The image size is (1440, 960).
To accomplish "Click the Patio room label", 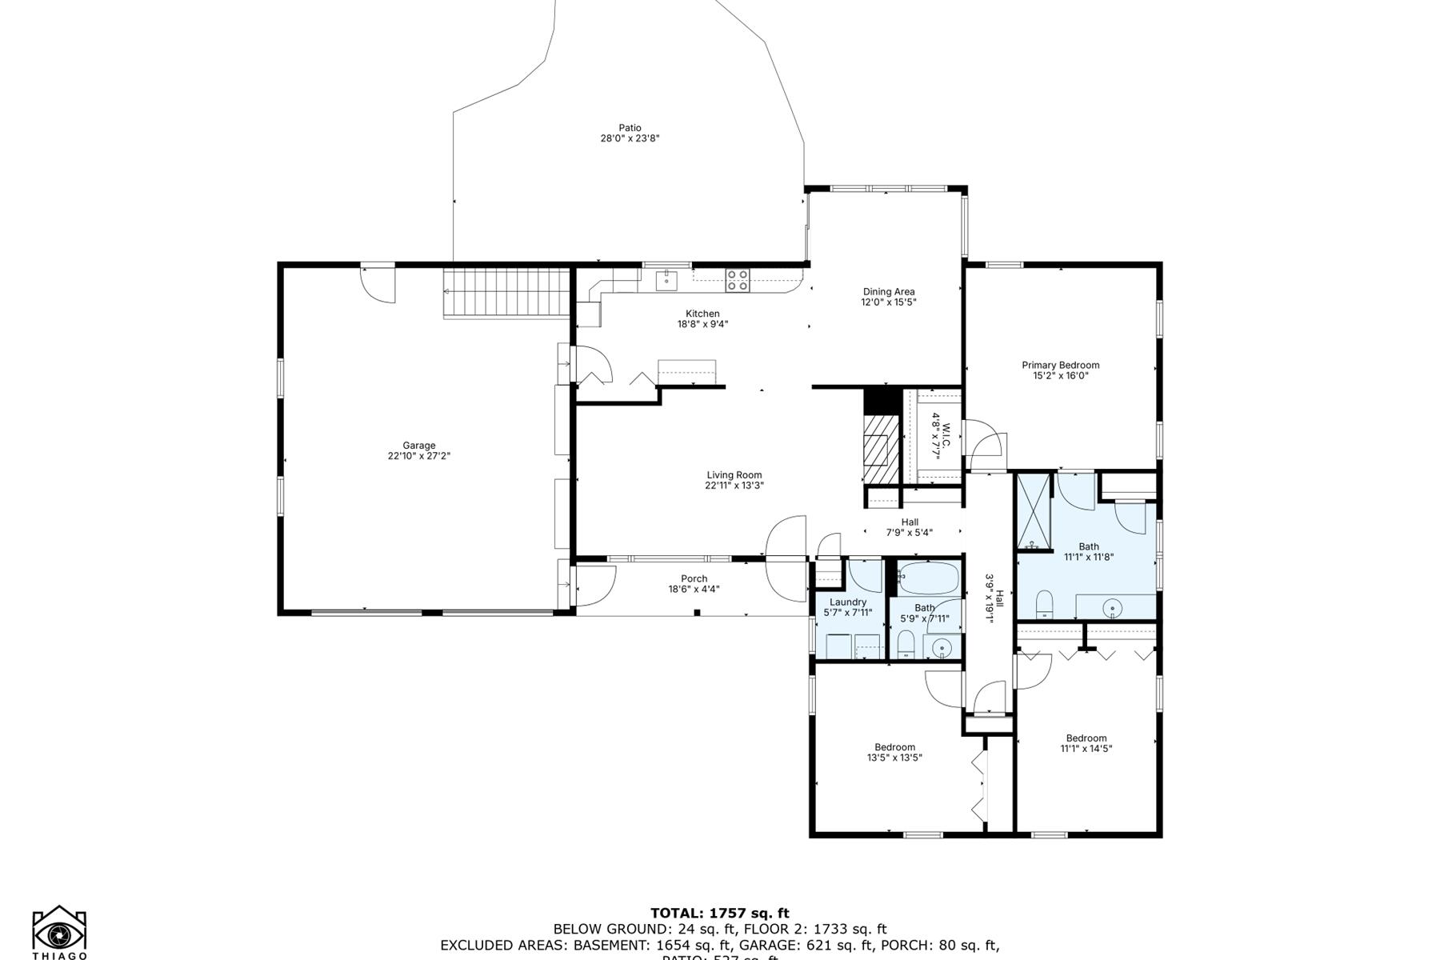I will coord(630,128).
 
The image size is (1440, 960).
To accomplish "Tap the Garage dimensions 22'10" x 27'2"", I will coord(419,456).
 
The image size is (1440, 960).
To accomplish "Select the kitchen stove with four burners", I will coord(738,280).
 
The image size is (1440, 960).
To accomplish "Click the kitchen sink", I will coord(666,280).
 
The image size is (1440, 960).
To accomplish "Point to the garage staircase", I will coord(506,293).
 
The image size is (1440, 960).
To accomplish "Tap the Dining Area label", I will coord(888,292).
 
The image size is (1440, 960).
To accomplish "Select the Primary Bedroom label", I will coord(1060,366).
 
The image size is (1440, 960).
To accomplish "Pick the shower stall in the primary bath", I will coord(1033,510).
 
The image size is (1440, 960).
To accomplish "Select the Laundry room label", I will coord(848,602).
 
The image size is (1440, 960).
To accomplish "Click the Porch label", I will coord(694,579).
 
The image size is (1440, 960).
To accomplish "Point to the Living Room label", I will coord(734,475).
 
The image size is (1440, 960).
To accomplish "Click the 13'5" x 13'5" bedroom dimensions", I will coord(894,758).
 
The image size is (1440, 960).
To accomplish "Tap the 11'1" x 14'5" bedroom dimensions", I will coord(1086,749).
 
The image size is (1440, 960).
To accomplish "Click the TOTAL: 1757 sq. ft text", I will coord(719,913).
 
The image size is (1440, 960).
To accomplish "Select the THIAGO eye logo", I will coord(59,932).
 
